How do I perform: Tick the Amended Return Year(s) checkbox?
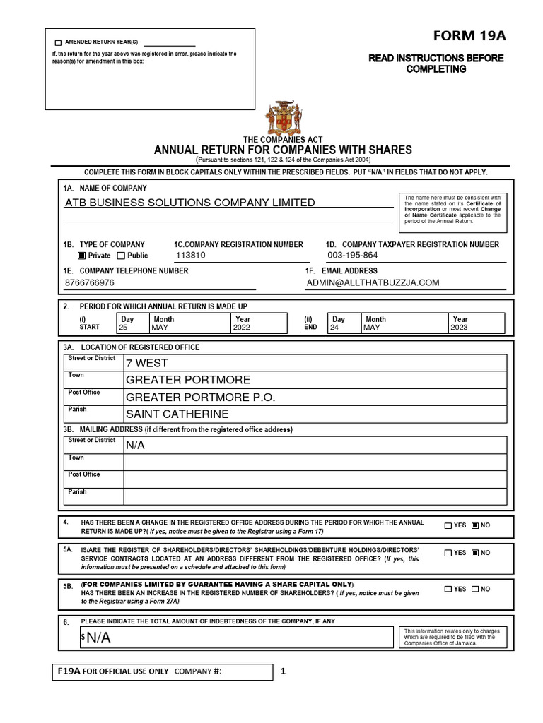click(x=58, y=43)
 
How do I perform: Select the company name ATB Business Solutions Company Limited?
click(x=190, y=203)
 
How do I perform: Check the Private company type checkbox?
click(x=81, y=256)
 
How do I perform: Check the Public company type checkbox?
click(x=121, y=256)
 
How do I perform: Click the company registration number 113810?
click(x=191, y=256)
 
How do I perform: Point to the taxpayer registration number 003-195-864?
click(x=352, y=256)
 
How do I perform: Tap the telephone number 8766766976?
click(x=89, y=282)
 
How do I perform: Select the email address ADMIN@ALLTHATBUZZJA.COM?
click(x=373, y=282)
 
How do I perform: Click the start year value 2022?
click(x=242, y=328)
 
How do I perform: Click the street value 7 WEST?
click(x=147, y=363)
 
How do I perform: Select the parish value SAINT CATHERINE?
click(x=177, y=414)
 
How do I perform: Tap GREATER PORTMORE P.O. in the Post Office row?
click(x=200, y=398)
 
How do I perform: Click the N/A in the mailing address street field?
click(x=135, y=446)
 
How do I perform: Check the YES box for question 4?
click(x=448, y=525)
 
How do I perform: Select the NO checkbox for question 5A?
click(x=476, y=553)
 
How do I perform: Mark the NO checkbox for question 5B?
click(x=476, y=589)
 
